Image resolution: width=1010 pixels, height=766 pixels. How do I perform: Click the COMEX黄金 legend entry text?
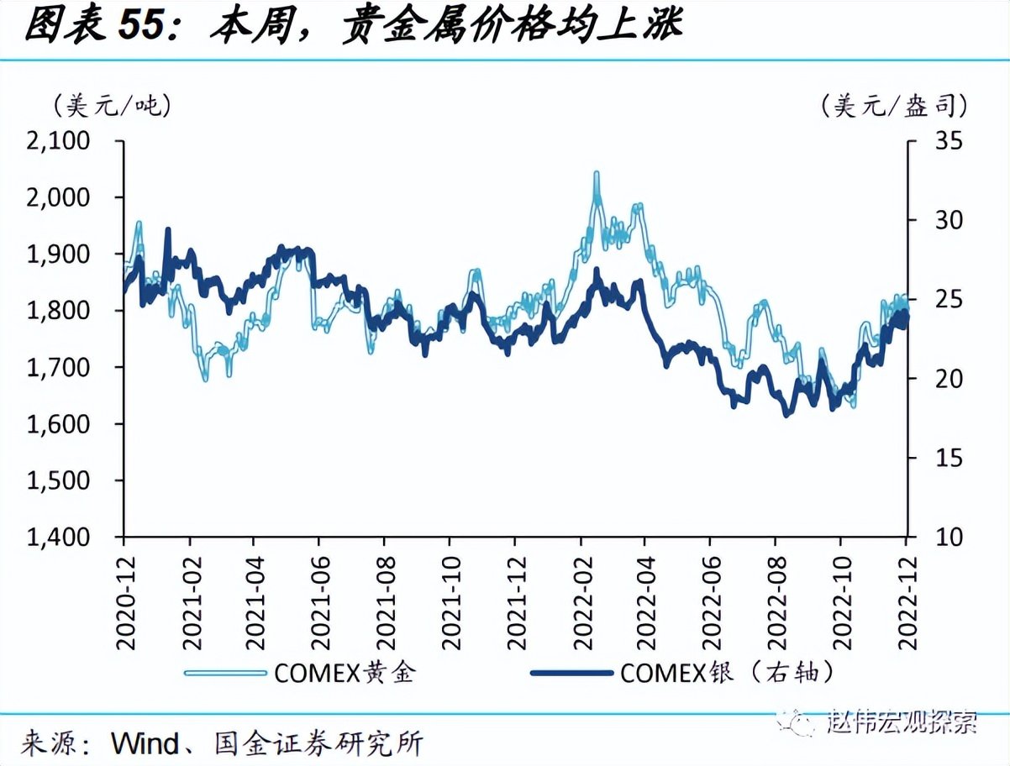tap(344, 672)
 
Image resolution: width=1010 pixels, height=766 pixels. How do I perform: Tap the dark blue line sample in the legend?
tap(571, 673)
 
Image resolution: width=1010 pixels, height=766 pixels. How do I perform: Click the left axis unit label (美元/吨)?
tap(112, 105)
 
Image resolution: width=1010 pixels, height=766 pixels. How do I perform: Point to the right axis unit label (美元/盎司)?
tap(895, 105)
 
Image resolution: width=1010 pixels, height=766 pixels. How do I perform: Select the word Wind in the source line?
tap(145, 743)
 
